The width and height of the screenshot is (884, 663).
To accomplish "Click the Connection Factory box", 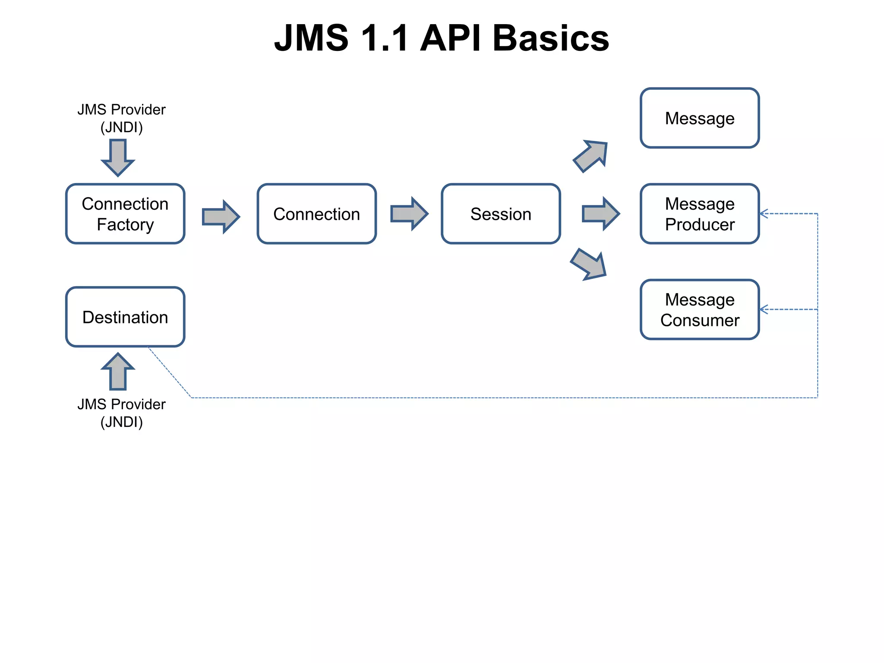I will point(125,214).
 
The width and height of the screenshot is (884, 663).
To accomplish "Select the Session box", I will point(501,214).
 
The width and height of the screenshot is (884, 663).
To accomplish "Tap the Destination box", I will point(125,317).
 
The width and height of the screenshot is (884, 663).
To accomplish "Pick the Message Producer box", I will point(699,214).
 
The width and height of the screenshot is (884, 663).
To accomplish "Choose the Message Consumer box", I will point(699,309).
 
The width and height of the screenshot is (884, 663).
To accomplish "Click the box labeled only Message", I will point(699,118).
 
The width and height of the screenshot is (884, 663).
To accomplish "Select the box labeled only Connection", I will point(316,214).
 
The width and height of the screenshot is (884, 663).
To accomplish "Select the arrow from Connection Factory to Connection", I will point(221,216).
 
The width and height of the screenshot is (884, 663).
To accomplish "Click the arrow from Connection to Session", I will point(409,214).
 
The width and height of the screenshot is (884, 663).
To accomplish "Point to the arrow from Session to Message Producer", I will point(600,214).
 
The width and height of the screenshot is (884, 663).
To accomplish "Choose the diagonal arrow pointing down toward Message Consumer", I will point(589,264).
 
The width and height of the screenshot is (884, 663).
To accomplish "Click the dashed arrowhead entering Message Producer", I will point(764,214).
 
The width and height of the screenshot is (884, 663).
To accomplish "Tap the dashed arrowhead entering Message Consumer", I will point(764,309).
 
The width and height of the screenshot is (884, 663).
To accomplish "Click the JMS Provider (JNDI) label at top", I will point(121,118).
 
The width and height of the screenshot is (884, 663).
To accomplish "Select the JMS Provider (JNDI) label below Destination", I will point(121,413).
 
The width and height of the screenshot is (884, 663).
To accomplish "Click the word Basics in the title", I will point(550,38).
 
